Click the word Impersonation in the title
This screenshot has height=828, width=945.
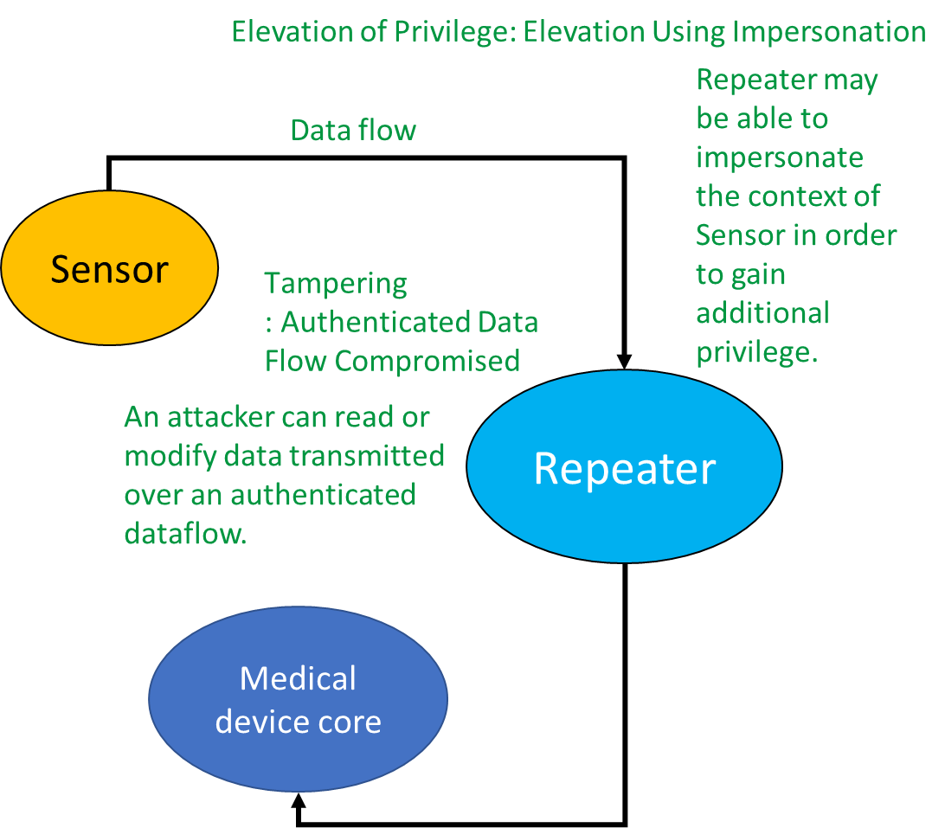828,32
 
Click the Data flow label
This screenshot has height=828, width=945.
352,131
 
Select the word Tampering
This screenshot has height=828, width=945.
336,283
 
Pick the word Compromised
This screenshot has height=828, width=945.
427,361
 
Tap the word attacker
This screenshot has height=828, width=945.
223,417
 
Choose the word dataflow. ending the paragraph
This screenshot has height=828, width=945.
185,534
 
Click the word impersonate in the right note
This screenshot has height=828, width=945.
780,157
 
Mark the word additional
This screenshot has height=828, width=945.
762,313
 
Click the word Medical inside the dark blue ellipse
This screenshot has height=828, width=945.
298,678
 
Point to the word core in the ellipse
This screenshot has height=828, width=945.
350,722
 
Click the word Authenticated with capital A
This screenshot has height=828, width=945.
364,322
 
